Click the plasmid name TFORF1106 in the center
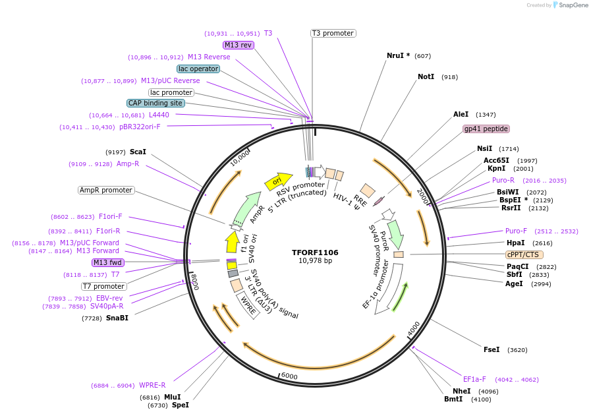click(x=315, y=253)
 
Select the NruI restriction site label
click(x=398, y=56)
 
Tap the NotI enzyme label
click(x=426, y=77)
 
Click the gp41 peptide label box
click(x=486, y=129)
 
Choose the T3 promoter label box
click(x=333, y=33)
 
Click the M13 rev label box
click(x=238, y=45)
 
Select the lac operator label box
click(x=198, y=69)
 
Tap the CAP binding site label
click(x=155, y=104)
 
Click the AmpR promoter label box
click(x=106, y=191)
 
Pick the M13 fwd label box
click(x=108, y=262)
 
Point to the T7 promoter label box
click(x=103, y=286)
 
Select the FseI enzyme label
click(x=492, y=349)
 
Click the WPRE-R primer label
click(x=152, y=385)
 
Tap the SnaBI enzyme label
click(x=117, y=318)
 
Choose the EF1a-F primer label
click(x=474, y=379)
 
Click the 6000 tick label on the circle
click(x=290, y=376)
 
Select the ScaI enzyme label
click(x=138, y=152)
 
